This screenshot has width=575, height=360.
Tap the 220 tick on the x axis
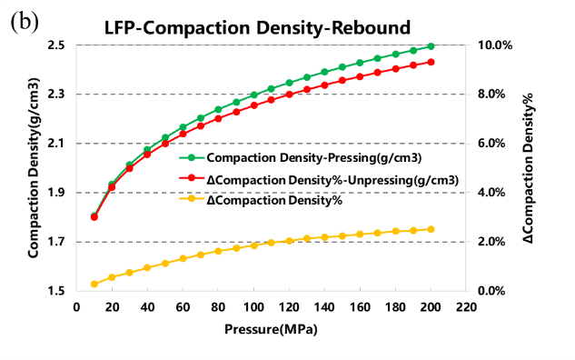(466, 307)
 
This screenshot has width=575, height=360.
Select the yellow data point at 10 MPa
(94, 284)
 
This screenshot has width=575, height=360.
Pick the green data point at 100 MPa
(253, 95)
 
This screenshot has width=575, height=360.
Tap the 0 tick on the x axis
(76, 307)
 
